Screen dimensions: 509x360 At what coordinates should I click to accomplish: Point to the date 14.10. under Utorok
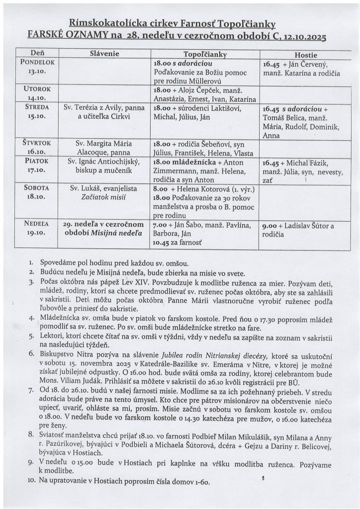[x=37, y=98]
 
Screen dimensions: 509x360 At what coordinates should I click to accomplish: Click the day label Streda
[x=37, y=107]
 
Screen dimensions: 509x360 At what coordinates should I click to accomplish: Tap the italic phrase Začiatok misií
[x=104, y=197]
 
